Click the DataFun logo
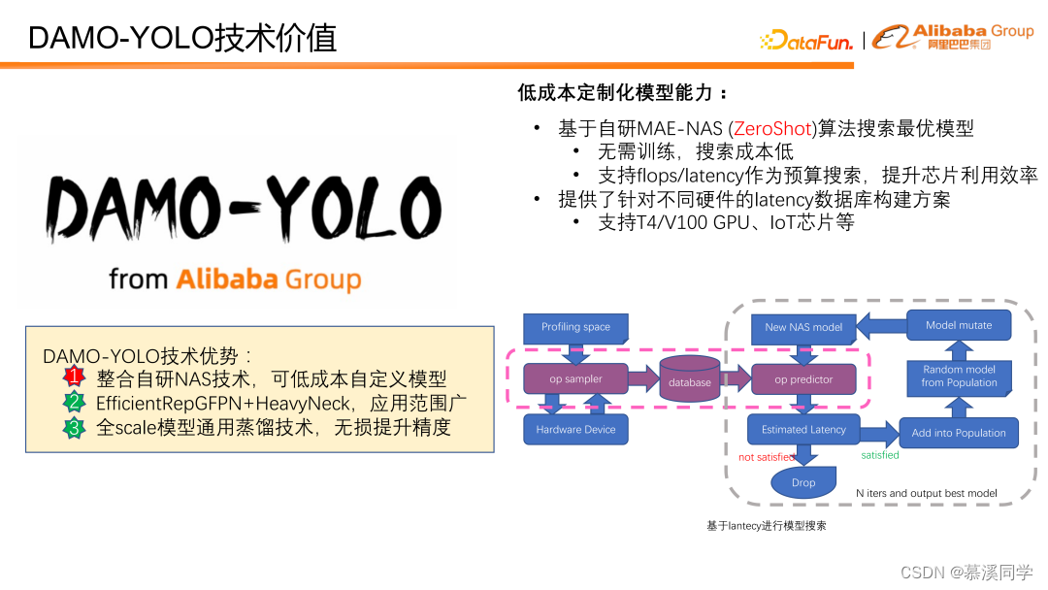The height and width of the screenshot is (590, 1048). pos(806,40)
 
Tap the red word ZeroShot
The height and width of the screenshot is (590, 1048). pos(772,129)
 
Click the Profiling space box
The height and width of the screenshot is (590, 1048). pos(575,327)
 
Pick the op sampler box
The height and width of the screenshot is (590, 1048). pos(575,378)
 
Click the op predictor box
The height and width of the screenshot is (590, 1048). pos(803,379)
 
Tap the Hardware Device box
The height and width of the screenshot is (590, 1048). pos(575,429)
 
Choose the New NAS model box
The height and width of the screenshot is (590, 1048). pos(803,327)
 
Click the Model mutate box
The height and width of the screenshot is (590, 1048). pos(959,325)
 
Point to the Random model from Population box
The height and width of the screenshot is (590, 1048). pos(959,376)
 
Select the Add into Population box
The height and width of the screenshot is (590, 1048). pos(959,433)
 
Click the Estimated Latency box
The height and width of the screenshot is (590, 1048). pos(803,429)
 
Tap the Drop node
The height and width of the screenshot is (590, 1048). pos(803,482)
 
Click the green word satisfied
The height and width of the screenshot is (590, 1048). pos(880,455)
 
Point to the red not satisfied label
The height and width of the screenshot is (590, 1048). pos(767,457)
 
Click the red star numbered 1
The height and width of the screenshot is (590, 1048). pos(75,377)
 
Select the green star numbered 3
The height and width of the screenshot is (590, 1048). pos(75,427)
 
